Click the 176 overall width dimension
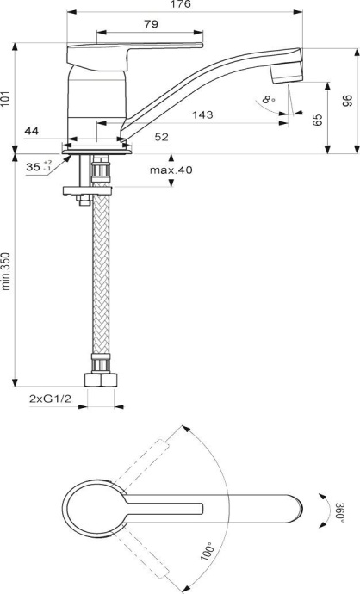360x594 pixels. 180,5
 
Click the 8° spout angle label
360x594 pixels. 270,101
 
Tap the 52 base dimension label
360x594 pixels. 138,136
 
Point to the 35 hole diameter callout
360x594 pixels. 34,167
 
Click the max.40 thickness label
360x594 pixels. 171,170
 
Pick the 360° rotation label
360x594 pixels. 341,510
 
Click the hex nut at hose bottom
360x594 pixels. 100,381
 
